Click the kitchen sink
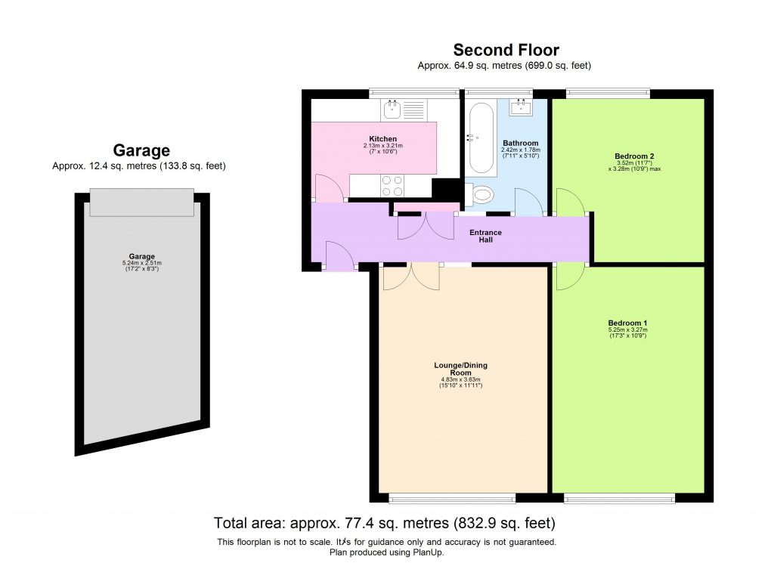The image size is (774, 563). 392,110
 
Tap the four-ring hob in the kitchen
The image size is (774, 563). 393,181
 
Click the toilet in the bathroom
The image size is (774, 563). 480,196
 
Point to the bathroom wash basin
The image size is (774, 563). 522,108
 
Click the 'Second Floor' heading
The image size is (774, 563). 506,51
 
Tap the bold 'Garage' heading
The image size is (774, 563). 141,150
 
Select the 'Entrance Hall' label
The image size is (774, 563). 485,236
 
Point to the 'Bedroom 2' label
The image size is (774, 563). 633,156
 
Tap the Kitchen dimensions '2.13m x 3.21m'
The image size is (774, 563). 382,146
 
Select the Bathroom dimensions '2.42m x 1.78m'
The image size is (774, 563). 521,150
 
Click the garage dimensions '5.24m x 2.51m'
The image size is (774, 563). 142,263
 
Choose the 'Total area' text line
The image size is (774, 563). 385,522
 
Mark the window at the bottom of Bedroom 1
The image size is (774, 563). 619,498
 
